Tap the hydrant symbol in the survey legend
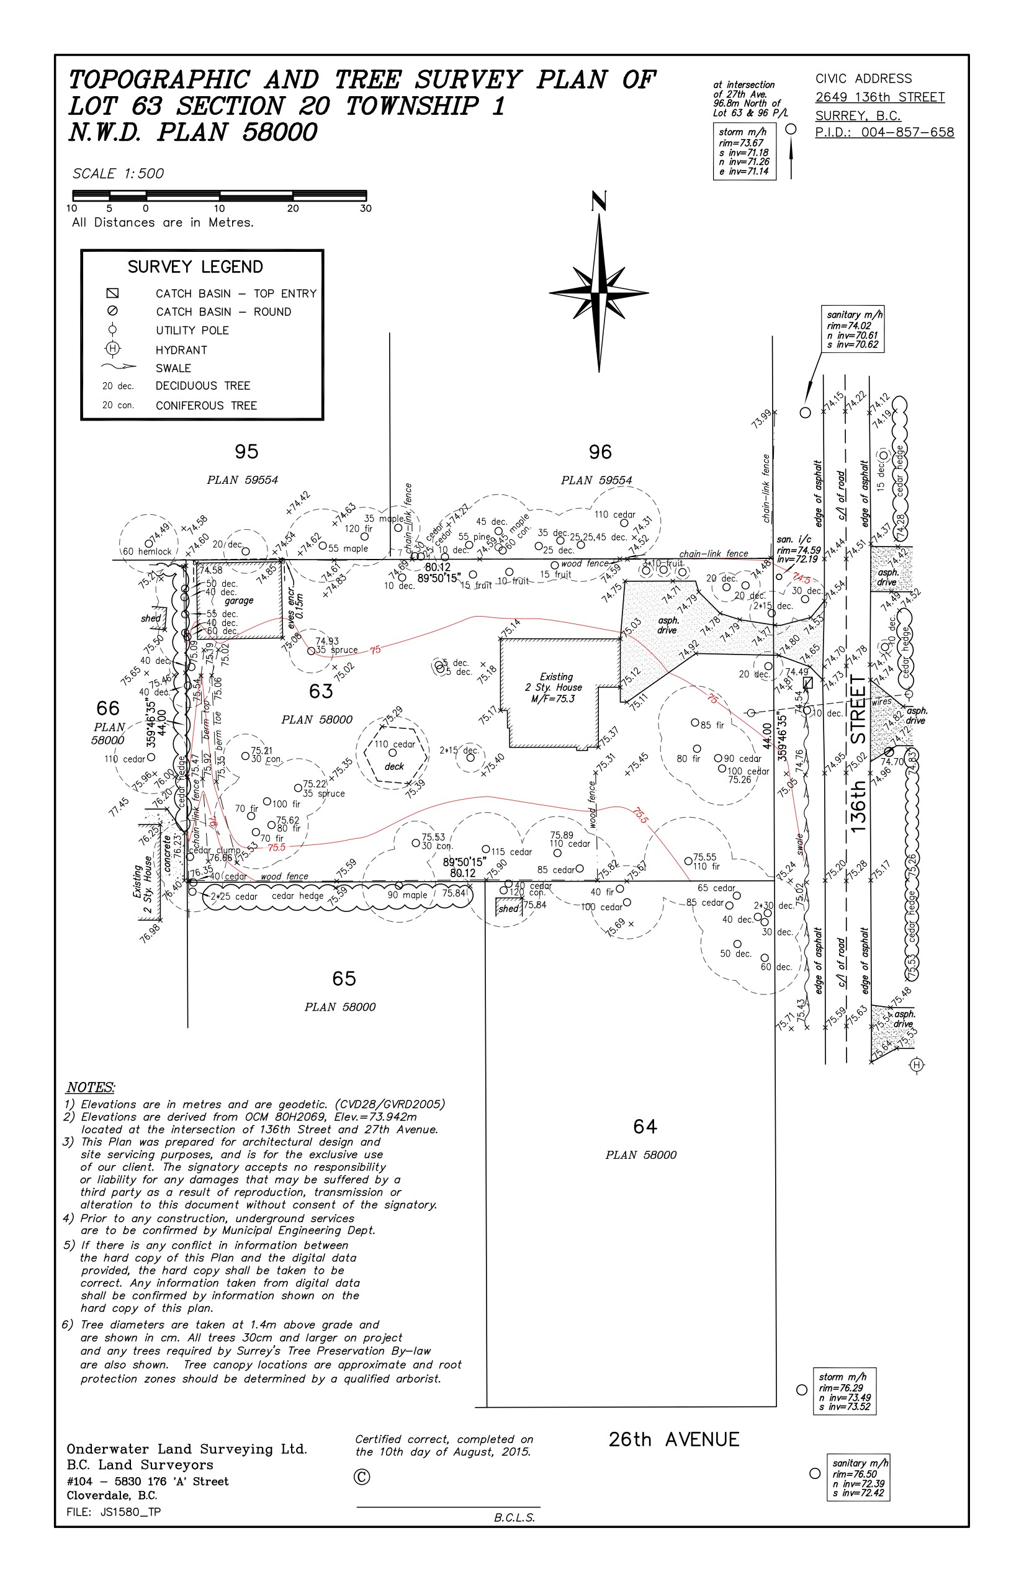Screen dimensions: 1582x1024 pyautogui.click(x=112, y=349)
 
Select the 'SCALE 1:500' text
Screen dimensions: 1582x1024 pyautogui.click(x=118, y=174)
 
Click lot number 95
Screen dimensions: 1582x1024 pyautogui.click(x=246, y=452)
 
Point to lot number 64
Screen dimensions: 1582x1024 pyautogui.click(x=645, y=1127)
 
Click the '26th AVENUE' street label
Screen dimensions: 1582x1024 pyautogui.click(x=673, y=1440)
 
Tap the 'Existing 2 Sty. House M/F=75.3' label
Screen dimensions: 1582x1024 pyautogui.click(x=556, y=687)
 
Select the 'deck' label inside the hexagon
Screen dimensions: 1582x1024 pyautogui.click(x=394, y=766)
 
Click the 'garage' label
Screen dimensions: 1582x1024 pyautogui.click(x=239, y=601)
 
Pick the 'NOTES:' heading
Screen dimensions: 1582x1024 pyautogui.click(x=91, y=1088)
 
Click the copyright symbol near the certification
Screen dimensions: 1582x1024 pyautogui.click(x=362, y=1477)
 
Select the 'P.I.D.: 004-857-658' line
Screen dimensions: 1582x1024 pyautogui.click(x=884, y=132)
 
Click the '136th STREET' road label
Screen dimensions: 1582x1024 pyautogui.click(x=858, y=754)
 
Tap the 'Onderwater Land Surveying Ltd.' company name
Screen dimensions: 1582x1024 pyautogui.click(x=187, y=1449)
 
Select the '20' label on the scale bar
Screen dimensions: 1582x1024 pyautogui.click(x=292, y=208)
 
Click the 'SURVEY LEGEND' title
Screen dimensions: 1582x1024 pyautogui.click(x=195, y=267)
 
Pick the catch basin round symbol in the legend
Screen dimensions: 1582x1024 pyautogui.click(x=112, y=311)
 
